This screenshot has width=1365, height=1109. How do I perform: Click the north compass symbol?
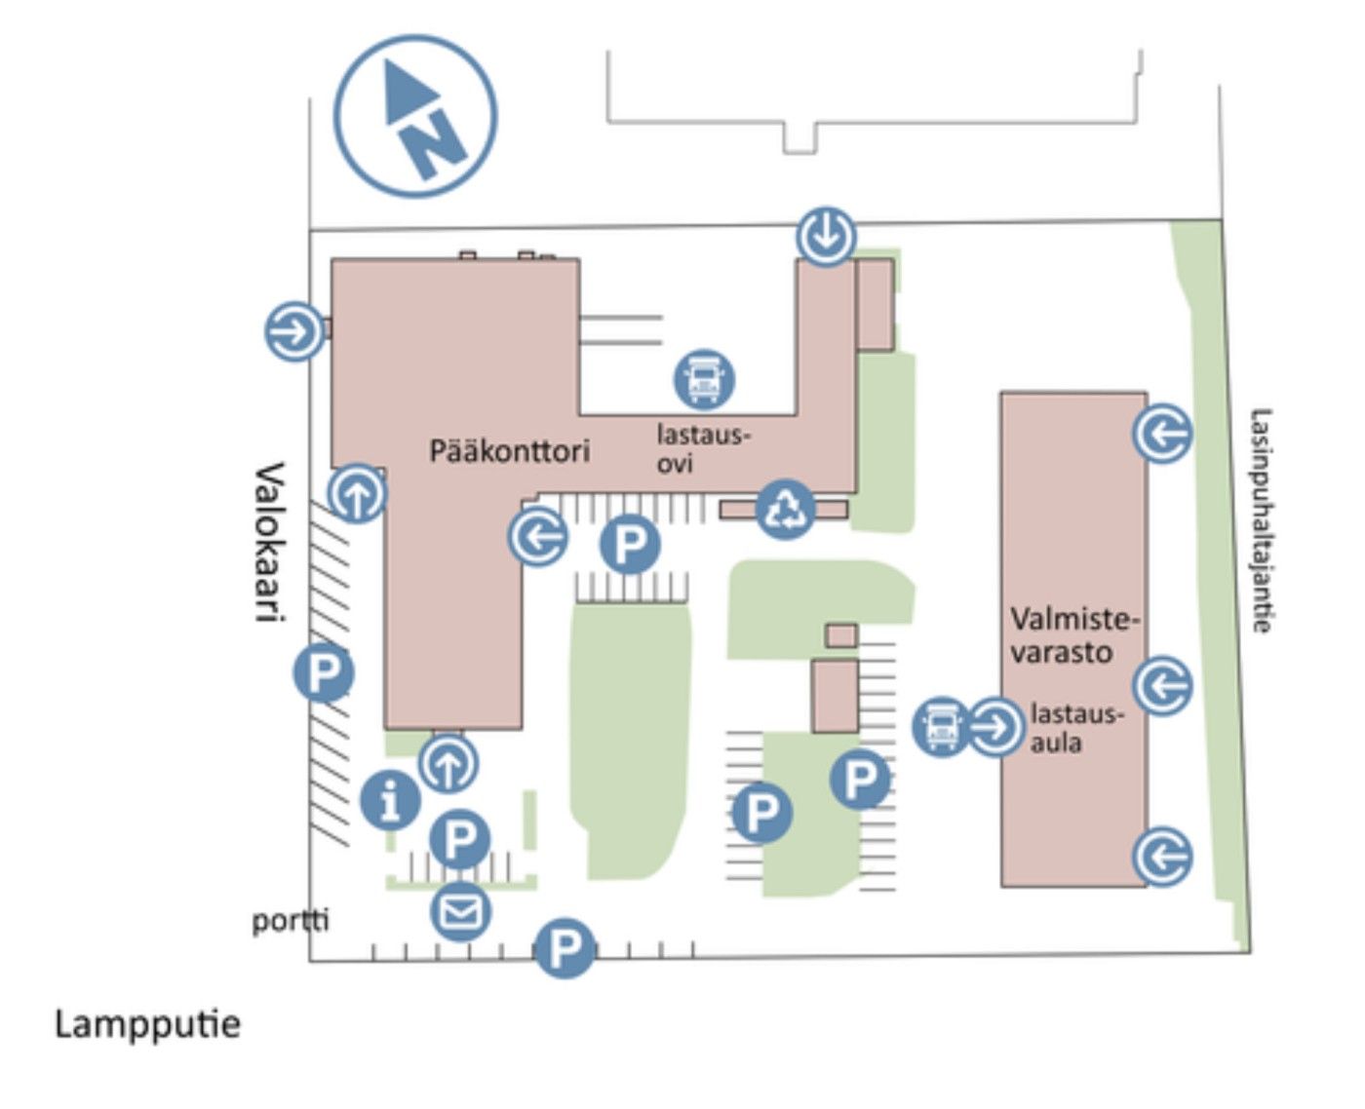point(415,115)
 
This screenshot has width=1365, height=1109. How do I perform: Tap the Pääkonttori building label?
point(510,451)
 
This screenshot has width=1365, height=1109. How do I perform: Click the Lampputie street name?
point(147,1024)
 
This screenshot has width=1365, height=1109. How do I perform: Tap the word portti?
point(290,920)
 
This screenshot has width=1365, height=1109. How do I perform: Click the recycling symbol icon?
point(785,508)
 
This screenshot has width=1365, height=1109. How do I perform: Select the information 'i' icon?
point(391,799)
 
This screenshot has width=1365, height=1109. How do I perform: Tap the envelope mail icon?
point(460,911)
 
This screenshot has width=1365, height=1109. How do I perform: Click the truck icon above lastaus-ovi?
point(704,378)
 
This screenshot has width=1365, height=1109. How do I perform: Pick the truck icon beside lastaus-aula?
point(940,726)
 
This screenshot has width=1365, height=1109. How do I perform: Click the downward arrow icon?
point(826,236)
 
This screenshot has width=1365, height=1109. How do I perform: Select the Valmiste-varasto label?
point(1072,635)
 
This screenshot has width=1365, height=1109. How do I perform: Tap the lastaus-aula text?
point(1075,728)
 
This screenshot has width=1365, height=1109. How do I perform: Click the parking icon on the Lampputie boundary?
point(565,947)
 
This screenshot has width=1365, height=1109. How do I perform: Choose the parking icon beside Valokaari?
point(324,672)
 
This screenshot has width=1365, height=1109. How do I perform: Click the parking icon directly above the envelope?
point(460,836)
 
